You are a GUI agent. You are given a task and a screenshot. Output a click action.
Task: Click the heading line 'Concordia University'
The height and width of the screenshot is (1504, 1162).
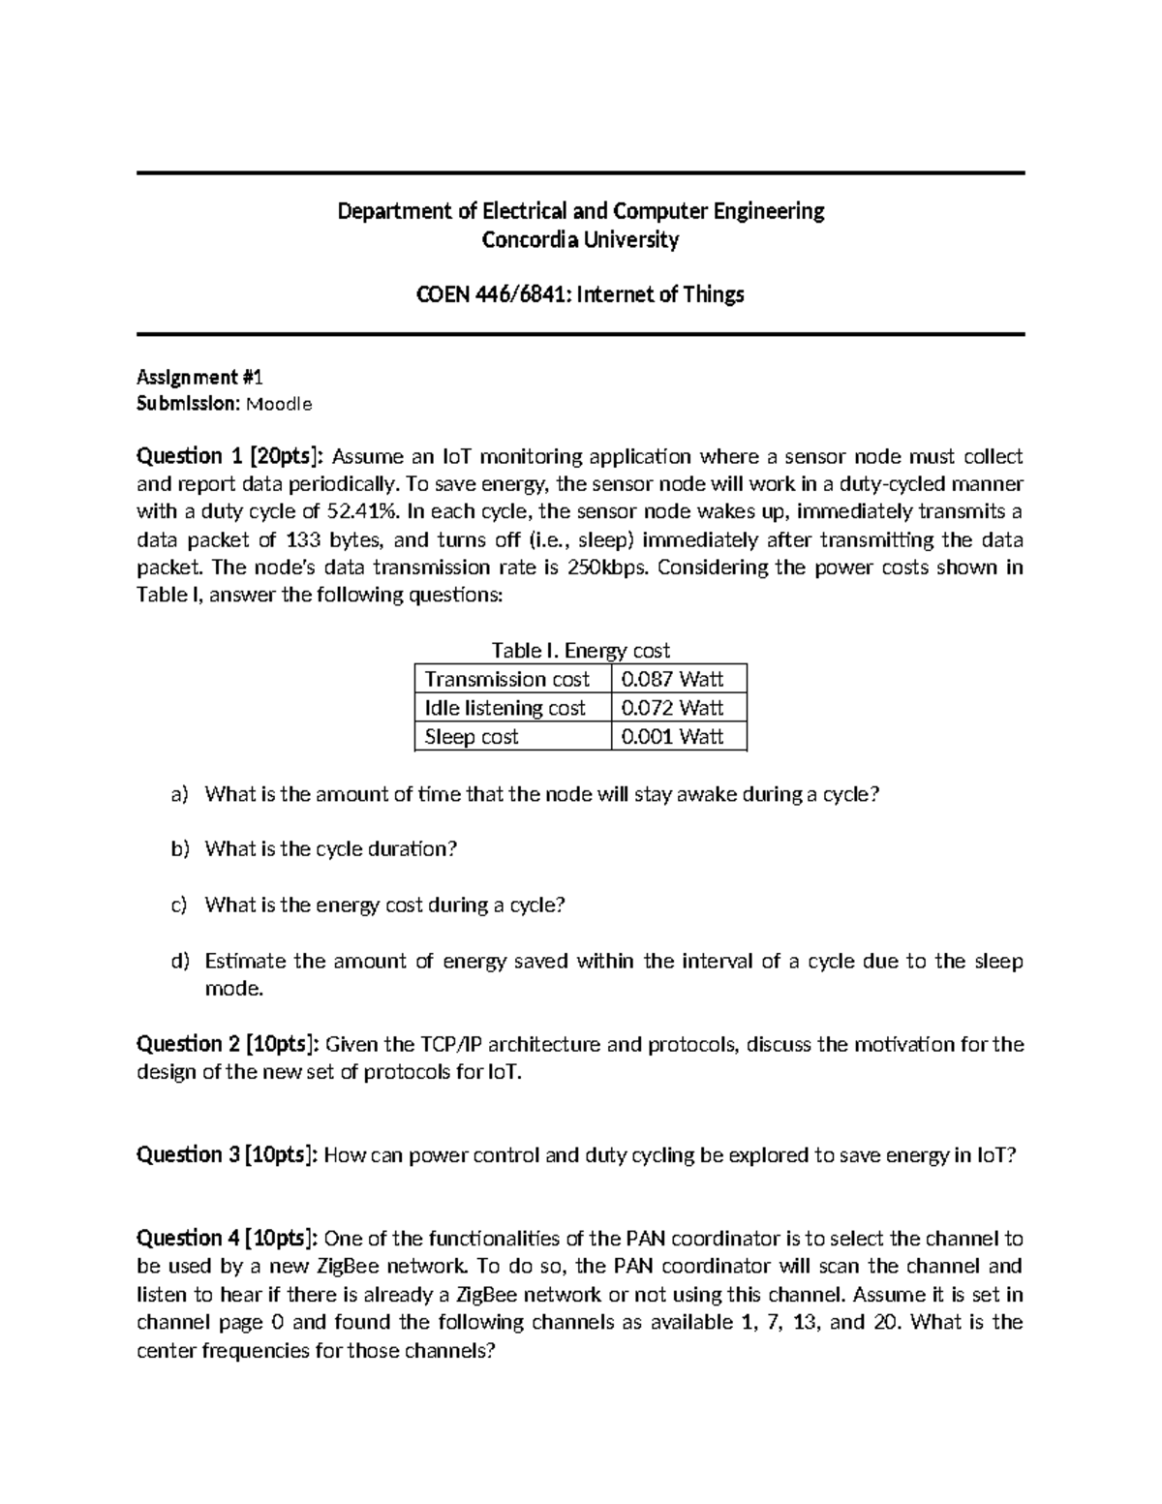(x=580, y=239)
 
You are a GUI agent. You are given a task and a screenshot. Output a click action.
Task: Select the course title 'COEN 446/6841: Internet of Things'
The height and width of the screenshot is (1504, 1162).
(x=580, y=294)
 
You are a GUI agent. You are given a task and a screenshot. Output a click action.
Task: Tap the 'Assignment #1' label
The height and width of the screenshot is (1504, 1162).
(x=187, y=377)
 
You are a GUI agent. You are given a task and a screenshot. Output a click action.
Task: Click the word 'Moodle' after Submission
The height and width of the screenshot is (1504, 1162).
(x=279, y=405)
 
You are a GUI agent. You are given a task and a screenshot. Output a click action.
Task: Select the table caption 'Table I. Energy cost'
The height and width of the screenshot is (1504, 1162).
(x=580, y=651)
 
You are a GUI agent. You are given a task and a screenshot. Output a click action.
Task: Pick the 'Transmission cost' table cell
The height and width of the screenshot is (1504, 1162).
(x=507, y=679)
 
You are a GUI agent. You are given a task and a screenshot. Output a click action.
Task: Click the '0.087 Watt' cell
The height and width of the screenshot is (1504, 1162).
(x=672, y=679)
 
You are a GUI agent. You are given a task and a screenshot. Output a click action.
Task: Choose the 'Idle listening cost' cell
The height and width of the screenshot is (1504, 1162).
(x=505, y=708)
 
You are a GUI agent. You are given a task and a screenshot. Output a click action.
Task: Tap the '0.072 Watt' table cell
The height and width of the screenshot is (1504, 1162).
(x=672, y=708)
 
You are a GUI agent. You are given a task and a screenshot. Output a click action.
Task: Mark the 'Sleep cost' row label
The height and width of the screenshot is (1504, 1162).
(x=472, y=737)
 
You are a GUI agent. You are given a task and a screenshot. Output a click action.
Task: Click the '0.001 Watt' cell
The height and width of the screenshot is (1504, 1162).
(x=672, y=737)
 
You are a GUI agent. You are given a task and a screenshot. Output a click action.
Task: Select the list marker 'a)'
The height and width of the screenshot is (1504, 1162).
(x=179, y=795)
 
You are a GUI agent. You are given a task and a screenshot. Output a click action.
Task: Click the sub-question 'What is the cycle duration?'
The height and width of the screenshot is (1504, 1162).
(x=330, y=849)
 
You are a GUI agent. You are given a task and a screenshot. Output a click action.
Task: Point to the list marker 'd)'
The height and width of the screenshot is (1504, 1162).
(x=179, y=961)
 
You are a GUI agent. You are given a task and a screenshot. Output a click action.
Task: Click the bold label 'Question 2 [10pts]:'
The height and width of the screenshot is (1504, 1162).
(x=228, y=1044)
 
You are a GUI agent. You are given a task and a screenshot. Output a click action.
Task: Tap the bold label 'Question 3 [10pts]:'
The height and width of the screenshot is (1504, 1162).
(x=228, y=1154)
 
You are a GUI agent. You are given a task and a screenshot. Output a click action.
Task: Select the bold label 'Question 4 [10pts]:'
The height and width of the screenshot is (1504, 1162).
(x=228, y=1238)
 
